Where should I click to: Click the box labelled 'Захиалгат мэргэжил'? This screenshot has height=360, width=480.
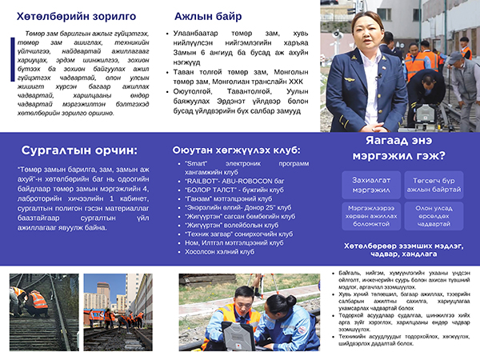tap(368, 185)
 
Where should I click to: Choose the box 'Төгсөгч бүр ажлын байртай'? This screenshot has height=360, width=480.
tap(433, 185)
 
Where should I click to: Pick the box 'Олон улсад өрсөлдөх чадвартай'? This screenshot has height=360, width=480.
tap(433, 216)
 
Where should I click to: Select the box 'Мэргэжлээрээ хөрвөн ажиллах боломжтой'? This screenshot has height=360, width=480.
tap(368, 216)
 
